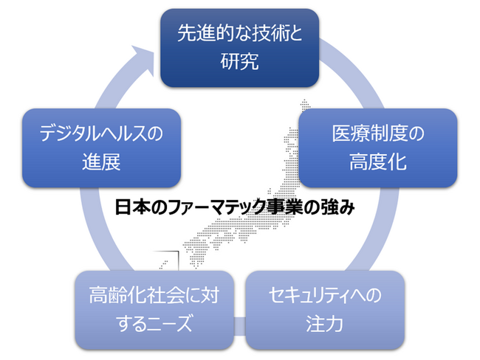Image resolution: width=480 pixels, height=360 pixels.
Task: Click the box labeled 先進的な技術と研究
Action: click(240, 46)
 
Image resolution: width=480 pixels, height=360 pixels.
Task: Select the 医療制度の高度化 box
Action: click(377, 148)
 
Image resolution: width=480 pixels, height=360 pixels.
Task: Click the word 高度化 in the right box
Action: click(377, 162)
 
